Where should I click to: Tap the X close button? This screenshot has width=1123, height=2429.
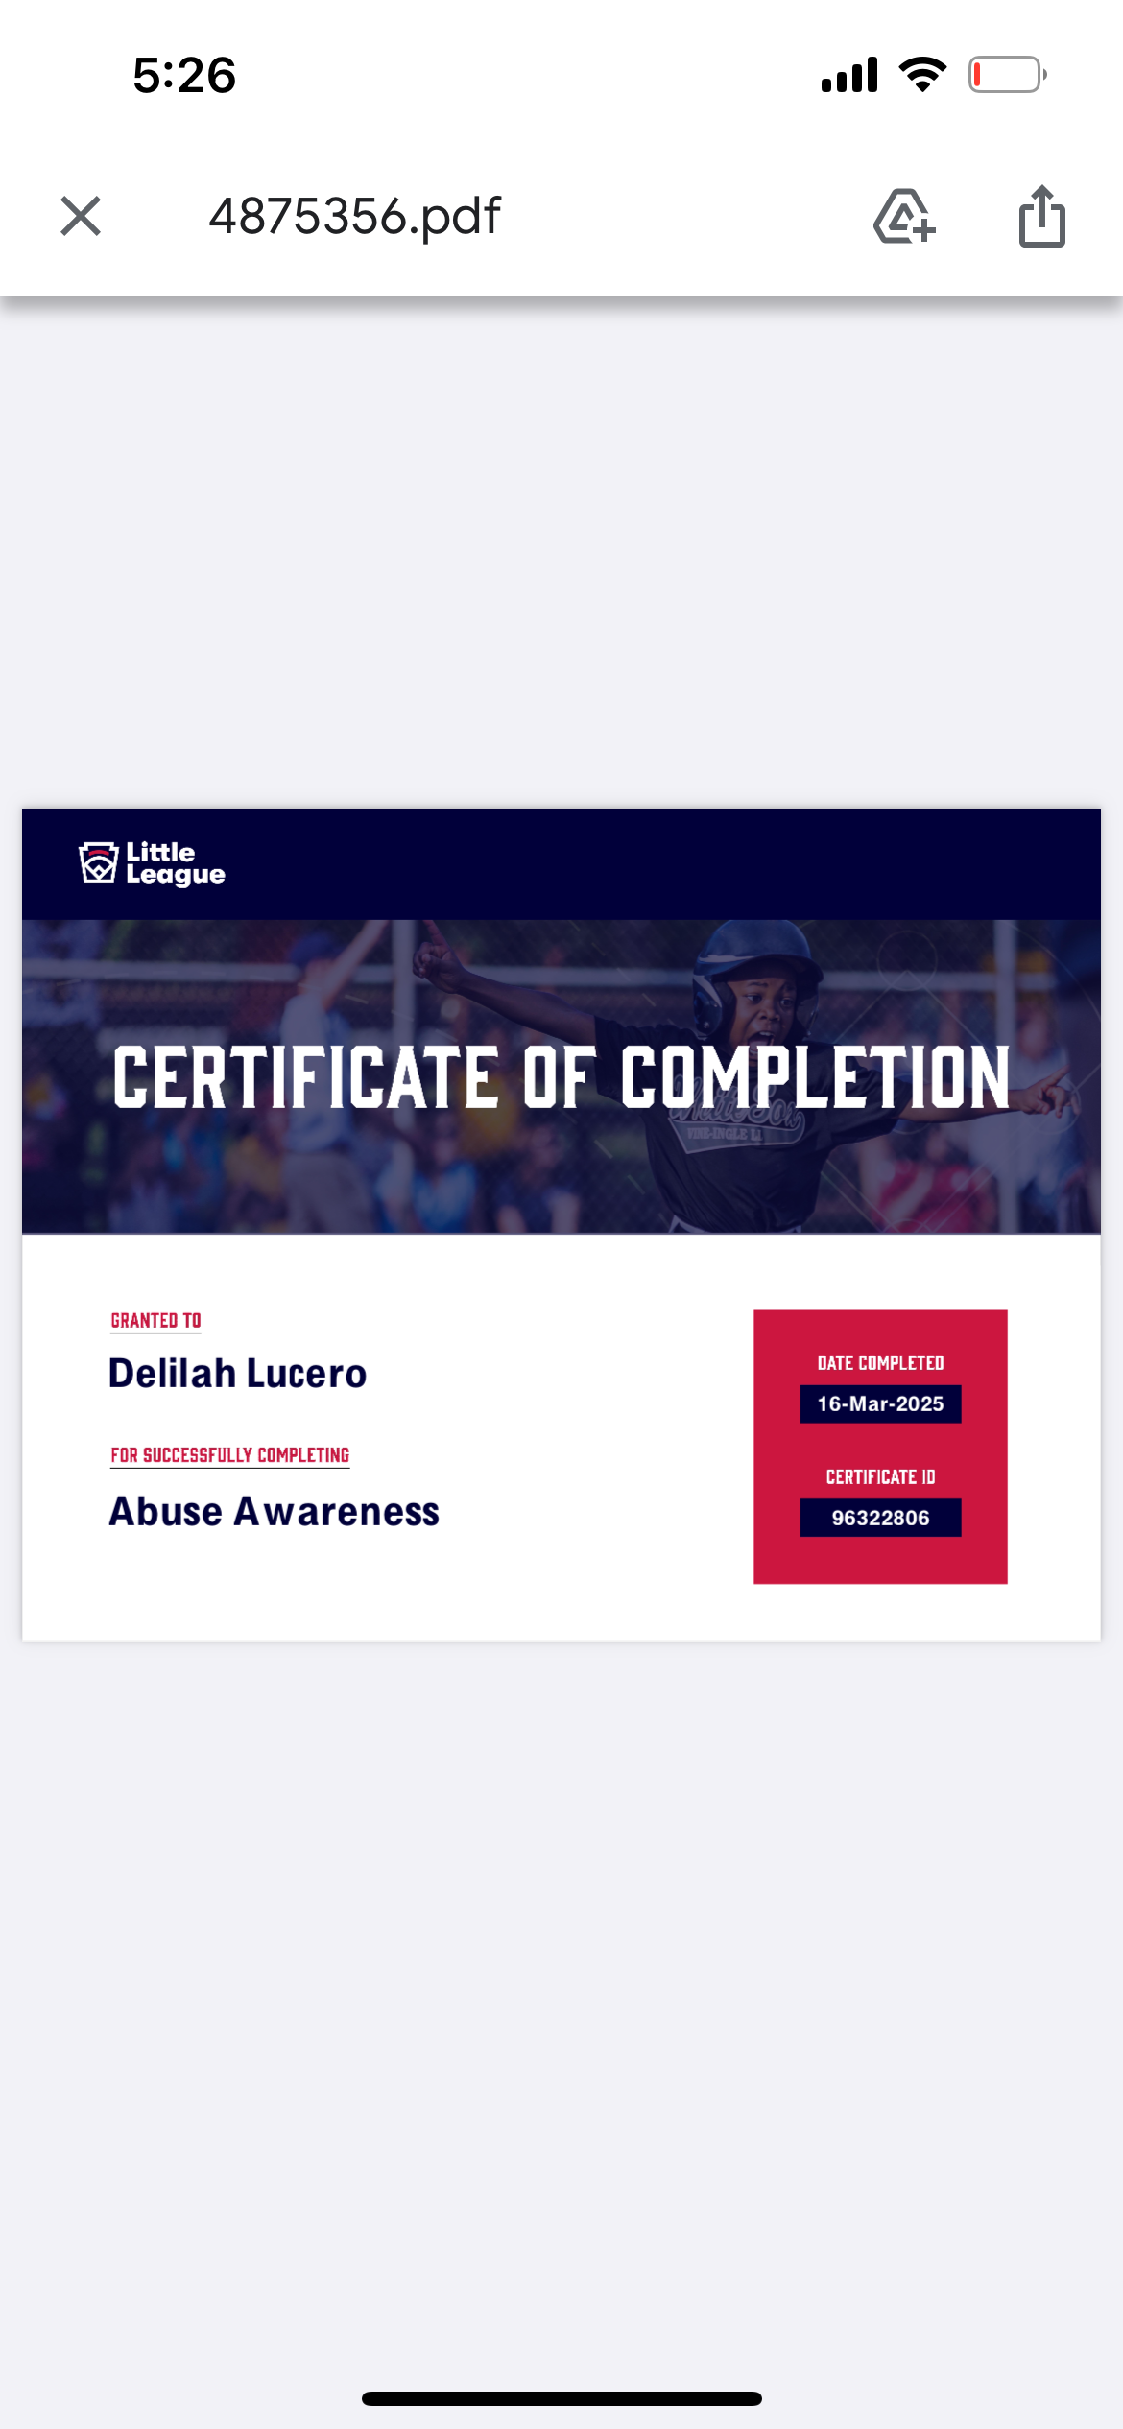81,216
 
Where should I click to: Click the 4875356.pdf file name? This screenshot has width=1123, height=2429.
355,217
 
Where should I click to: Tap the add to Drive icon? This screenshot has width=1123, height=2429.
904,217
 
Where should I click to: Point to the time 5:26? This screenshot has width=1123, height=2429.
184,75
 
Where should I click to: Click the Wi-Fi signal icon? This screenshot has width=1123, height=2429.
922,74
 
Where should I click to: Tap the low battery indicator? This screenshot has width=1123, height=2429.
1007,75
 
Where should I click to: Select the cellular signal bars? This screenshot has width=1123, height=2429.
849,75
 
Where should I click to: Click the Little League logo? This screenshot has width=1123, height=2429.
152,863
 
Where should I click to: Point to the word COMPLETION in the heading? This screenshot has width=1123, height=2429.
815,1077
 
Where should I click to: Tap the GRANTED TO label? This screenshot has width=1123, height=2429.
156,1321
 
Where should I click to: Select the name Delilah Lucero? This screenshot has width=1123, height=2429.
238,1374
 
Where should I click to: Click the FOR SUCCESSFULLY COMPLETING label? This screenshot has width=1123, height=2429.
230,1455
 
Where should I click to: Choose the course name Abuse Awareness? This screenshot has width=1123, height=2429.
275,1512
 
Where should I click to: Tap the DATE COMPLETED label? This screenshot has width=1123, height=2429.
880,1363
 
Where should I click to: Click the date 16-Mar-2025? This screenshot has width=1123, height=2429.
880,1404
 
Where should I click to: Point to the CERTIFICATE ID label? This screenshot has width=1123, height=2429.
880,1477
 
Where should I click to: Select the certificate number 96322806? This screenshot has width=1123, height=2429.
880,1518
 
